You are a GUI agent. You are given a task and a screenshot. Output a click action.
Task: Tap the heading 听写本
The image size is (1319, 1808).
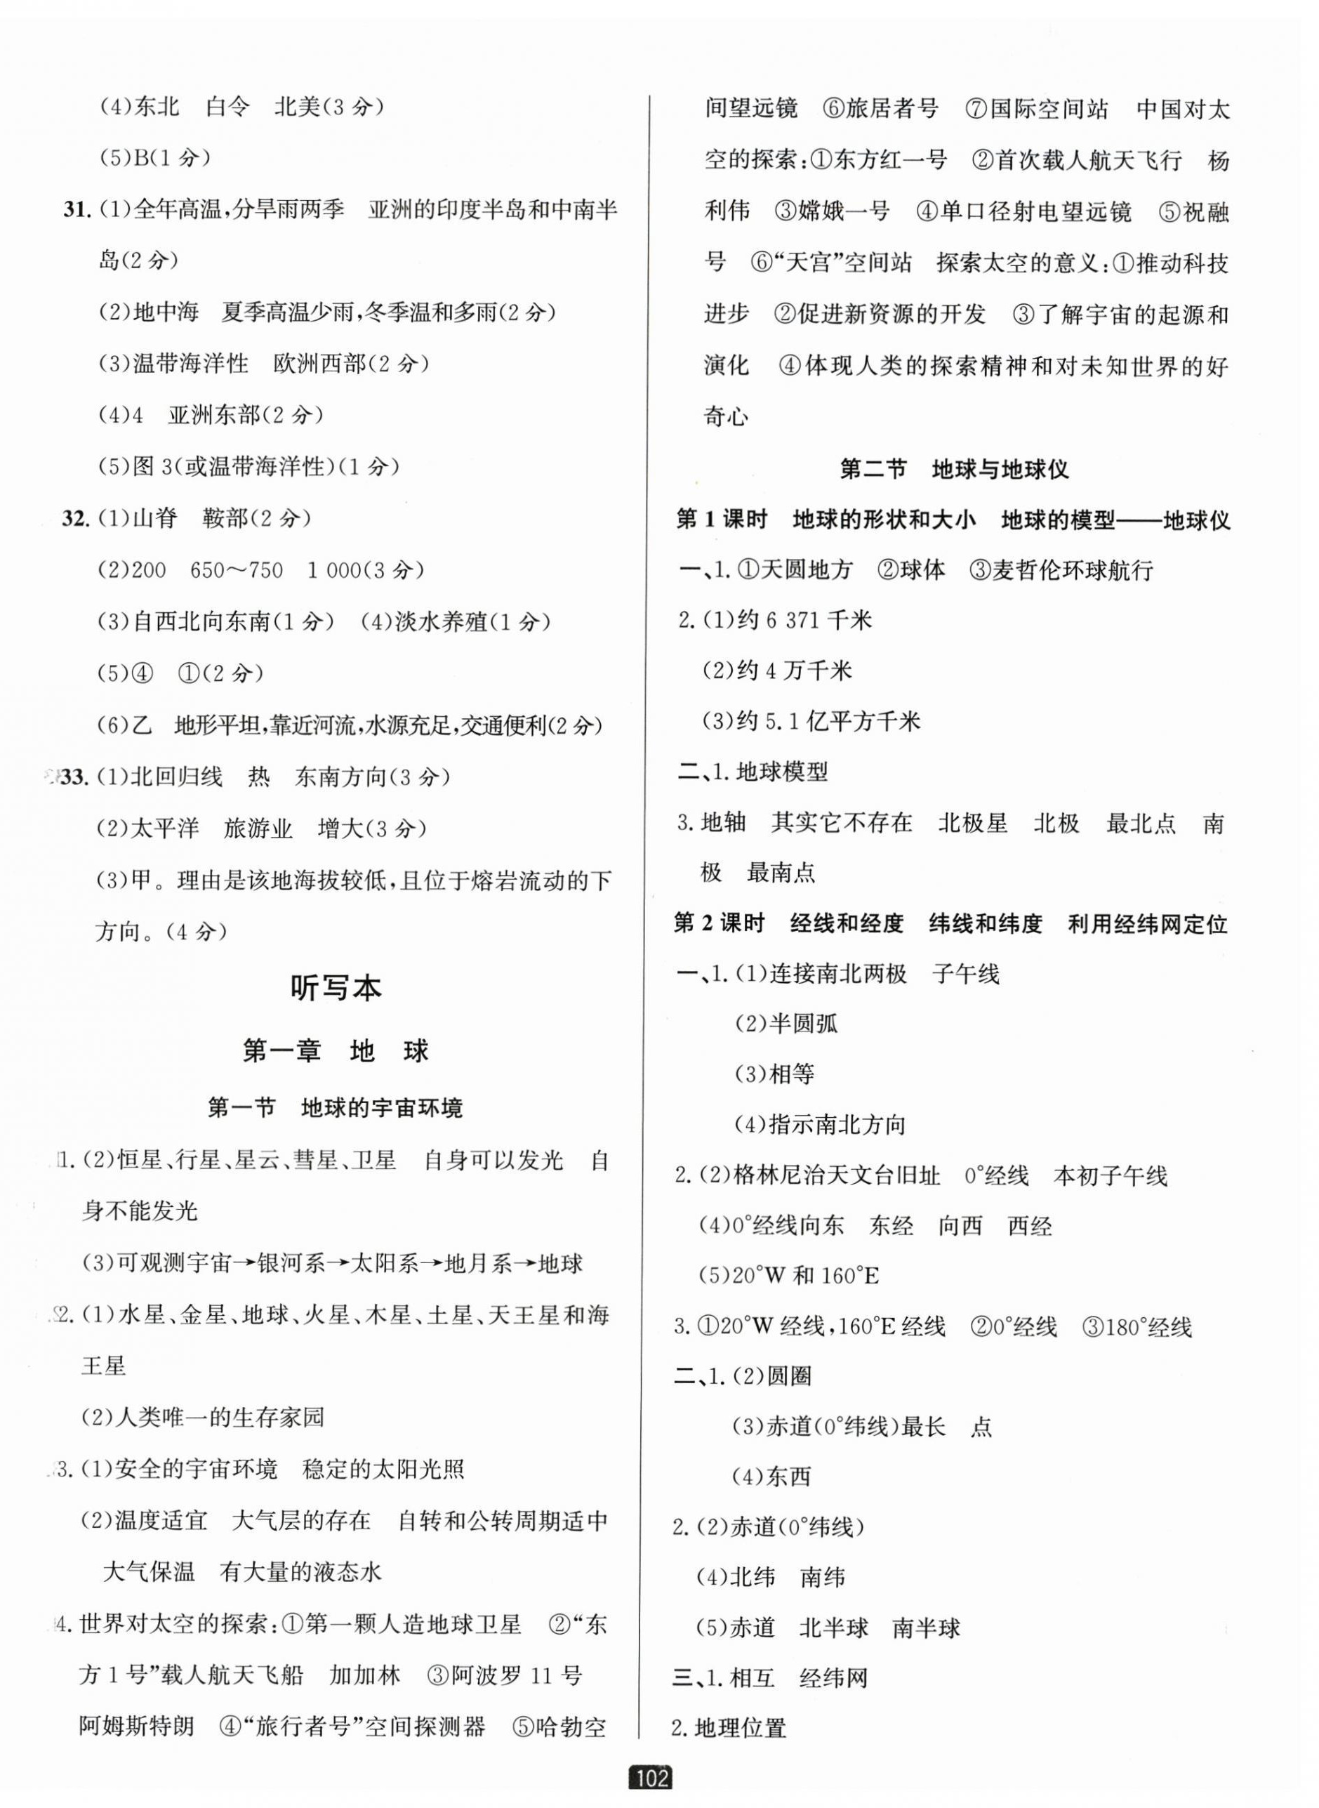coord(336,989)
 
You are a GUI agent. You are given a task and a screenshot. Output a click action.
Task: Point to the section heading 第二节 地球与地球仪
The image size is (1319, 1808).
coord(954,470)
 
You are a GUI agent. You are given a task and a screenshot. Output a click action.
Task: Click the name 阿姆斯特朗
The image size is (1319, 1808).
coord(138,1727)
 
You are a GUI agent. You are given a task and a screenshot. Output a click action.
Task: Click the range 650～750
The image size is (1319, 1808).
coord(237,570)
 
